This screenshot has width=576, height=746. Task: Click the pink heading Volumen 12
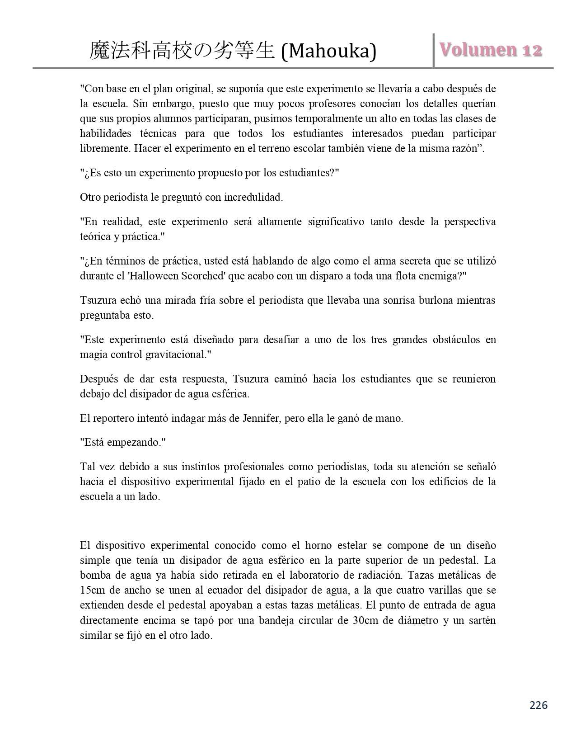[491, 50]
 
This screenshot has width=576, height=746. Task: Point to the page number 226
[538, 705]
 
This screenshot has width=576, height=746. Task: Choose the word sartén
[480, 620]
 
